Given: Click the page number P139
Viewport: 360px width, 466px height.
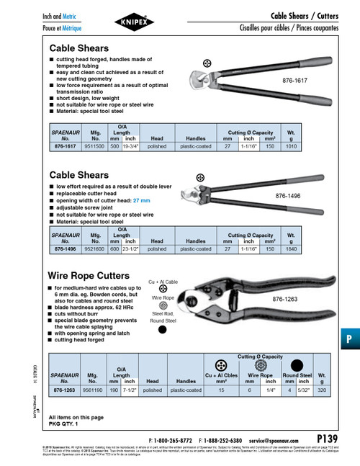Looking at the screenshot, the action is pos(328,437).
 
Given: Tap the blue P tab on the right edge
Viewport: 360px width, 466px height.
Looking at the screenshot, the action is pos(348,318).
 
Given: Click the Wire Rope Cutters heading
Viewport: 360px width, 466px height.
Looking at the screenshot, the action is pos(89,276).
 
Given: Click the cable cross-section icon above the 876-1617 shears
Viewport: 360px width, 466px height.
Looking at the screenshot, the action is pos(207,65).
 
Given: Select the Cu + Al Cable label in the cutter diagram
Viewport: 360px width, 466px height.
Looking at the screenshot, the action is pos(163,281).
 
